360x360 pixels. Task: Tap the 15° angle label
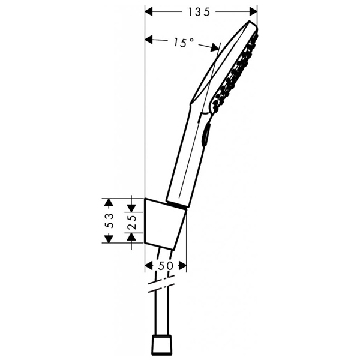tap(184, 42)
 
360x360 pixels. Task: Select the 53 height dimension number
tap(109, 220)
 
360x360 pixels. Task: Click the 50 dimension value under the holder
tap(166, 265)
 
